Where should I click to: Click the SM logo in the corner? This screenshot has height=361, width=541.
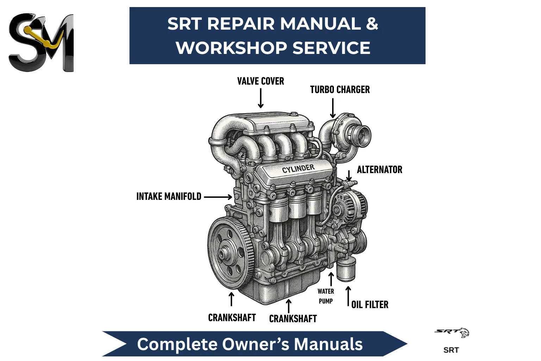pyautogui.click(x=41, y=42)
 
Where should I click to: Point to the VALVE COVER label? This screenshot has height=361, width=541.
pyautogui.click(x=261, y=81)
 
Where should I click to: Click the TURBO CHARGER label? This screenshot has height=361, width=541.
pyautogui.click(x=340, y=90)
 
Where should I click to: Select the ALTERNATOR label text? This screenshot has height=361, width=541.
pyautogui.click(x=379, y=170)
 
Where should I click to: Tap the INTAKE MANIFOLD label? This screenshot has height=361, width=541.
pyautogui.click(x=169, y=196)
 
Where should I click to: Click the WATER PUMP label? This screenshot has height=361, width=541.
pyautogui.click(x=326, y=296)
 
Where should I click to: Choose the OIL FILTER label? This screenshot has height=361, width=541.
pyautogui.click(x=370, y=305)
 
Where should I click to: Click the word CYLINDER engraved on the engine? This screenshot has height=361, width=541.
pyautogui.click(x=298, y=169)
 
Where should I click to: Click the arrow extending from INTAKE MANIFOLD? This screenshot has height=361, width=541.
pyautogui.click(x=218, y=197)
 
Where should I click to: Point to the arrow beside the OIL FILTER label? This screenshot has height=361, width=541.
pyautogui.click(x=348, y=296)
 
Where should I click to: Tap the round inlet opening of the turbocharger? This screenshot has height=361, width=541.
pyautogui.click(x=363, y=135)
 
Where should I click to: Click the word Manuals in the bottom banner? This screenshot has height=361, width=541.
pyautogui.click(x=328, y=344)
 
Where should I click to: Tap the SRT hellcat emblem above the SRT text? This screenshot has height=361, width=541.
pyautogui.click(x=452, y=332)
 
